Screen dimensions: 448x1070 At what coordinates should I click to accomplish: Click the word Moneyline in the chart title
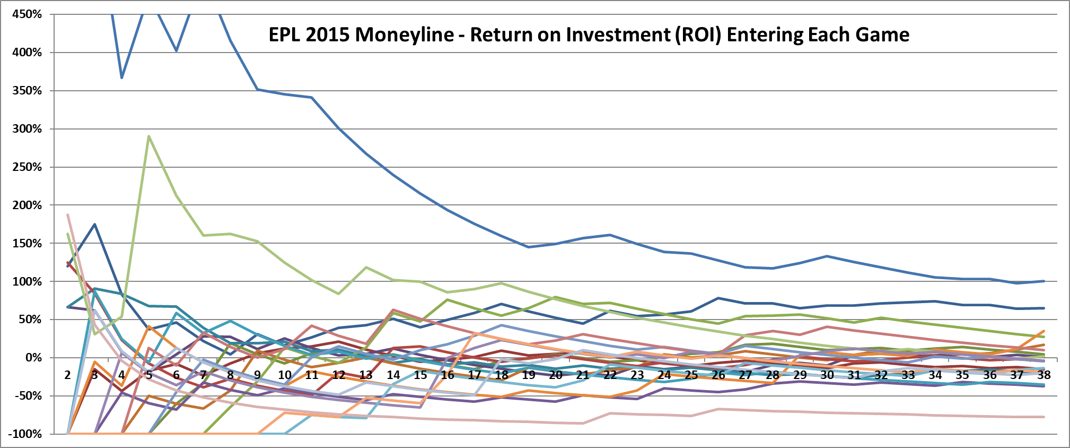405,35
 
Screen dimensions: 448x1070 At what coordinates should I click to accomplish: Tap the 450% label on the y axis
27,14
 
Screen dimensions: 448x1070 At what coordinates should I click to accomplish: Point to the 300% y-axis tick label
27,129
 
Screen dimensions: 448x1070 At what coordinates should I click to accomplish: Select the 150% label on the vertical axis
27,244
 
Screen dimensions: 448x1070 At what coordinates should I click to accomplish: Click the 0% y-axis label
33,358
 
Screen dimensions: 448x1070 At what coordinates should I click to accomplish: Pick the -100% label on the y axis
25,434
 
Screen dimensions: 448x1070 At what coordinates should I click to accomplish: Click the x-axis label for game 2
67,375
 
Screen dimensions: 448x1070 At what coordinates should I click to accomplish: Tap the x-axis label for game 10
285,375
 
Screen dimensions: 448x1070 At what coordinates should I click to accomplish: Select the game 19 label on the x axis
529,375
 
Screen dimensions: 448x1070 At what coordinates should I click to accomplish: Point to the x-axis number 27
746,375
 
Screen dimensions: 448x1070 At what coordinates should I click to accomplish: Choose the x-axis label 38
1043,375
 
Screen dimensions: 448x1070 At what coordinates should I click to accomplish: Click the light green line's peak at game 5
149,136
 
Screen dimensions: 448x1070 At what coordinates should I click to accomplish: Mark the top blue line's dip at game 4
122,78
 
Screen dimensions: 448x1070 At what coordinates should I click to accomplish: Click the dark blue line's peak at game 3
95,224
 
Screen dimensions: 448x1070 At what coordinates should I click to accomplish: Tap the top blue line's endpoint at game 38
1043,281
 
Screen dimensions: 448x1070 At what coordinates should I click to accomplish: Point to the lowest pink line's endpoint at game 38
1043,417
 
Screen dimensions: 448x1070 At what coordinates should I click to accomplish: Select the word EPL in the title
285,35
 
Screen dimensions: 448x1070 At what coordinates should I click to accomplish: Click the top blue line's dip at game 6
177,50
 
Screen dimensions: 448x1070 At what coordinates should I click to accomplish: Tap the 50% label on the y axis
30,320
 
